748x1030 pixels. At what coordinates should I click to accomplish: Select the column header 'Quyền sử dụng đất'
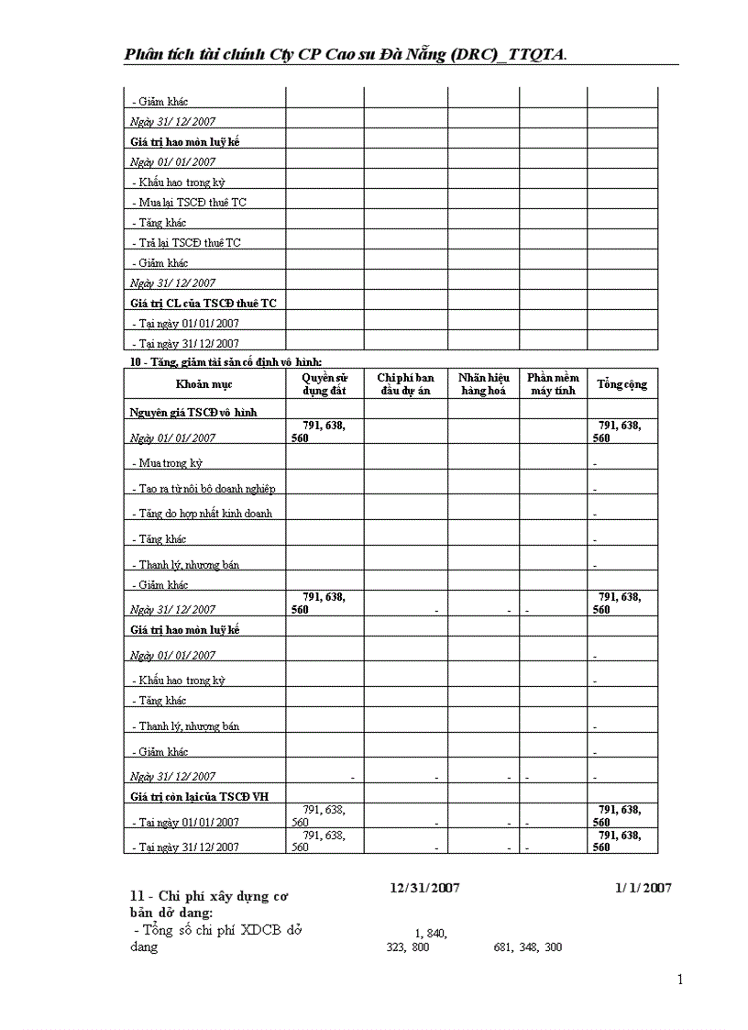pyautogui.click(x=324, y=384)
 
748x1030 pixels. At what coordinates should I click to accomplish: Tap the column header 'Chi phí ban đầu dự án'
pyautogui.click(x=405, y=384)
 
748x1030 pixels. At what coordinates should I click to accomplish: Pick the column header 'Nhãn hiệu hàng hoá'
pyautogui.click(x=483, y=384)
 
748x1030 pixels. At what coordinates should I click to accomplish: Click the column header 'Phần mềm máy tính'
pyautogui.click(x=553, y=384)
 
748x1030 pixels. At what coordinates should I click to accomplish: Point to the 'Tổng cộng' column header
pyautogui.click(x=622, y=384)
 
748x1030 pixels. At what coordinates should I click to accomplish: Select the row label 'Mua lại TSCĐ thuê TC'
pyautogui.click(x=189, y=202)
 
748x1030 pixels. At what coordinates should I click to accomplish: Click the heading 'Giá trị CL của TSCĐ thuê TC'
pyautogui.click(x=203, y=303)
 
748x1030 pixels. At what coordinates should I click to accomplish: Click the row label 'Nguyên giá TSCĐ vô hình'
pyautogui.click(x=192, y=413)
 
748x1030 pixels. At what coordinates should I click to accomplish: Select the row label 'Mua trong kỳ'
pyautogui.click(x=168, y=463)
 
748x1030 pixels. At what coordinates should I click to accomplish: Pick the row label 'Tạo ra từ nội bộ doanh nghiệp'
pyautogui.click(x=203, y=489)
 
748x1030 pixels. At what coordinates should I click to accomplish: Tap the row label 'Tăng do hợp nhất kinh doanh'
pyautogui.click(x=203, y=514)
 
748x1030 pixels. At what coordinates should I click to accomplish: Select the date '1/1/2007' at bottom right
pyautogui.click(x=643, y=888)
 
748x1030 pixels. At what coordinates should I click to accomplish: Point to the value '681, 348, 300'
pyautogui.click(x=527, y=947)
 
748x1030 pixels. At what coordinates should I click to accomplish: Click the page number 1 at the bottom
pyautogui.click(x=680, y=980)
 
